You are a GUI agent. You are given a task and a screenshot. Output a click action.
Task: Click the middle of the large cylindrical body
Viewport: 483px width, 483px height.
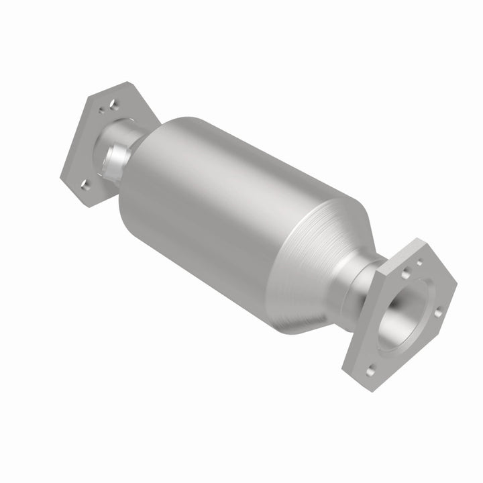[x=228, y=215]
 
